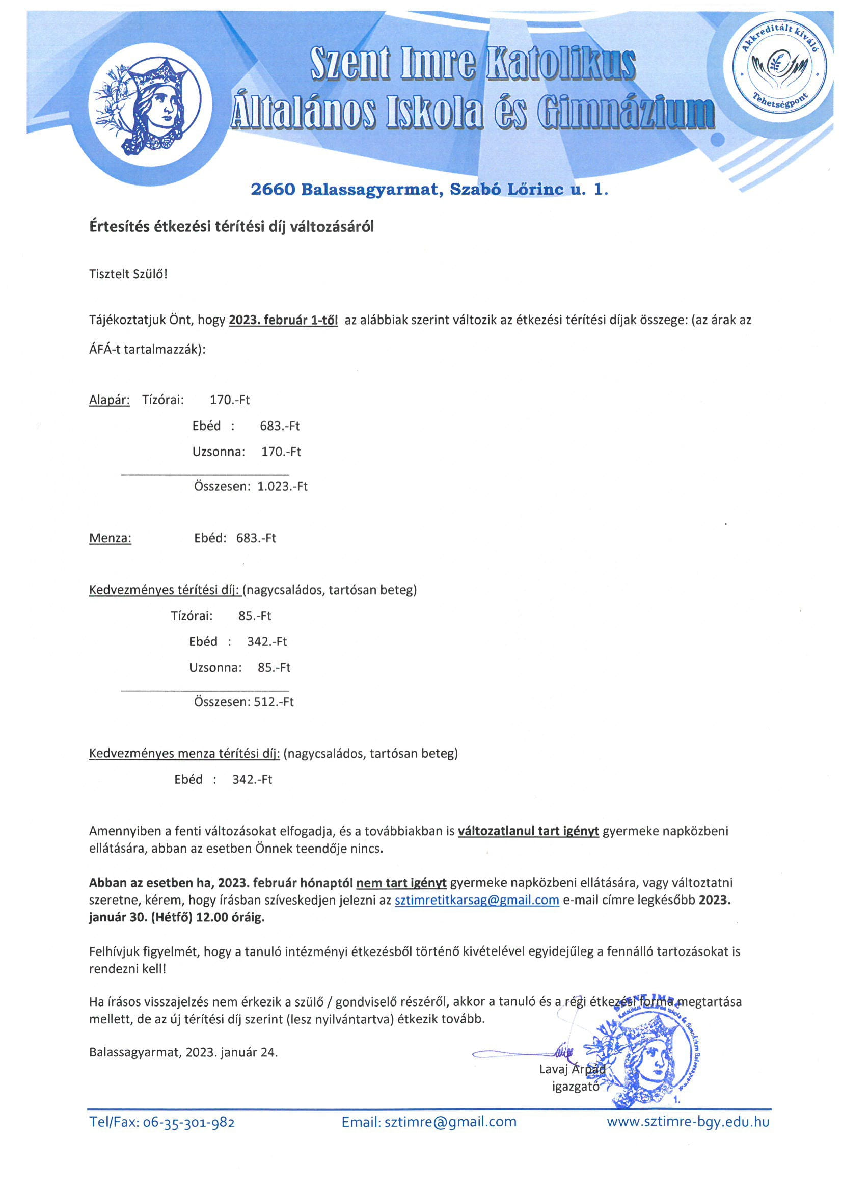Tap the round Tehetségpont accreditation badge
(779, 67)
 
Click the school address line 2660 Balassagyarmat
(429, 190)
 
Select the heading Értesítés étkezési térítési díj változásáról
(231, 227)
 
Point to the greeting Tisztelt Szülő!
(128, 274)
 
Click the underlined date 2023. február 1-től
(283, 320)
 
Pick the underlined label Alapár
(110, 400)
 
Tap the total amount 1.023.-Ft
(283, 487)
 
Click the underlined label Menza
(111, 538)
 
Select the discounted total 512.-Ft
(274, 702)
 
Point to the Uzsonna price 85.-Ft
(274, 667)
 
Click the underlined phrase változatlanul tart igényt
(528, 831)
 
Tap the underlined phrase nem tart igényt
(401, 882)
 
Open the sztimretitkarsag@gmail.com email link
(477, 900)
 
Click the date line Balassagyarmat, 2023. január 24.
(183, 1052)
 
